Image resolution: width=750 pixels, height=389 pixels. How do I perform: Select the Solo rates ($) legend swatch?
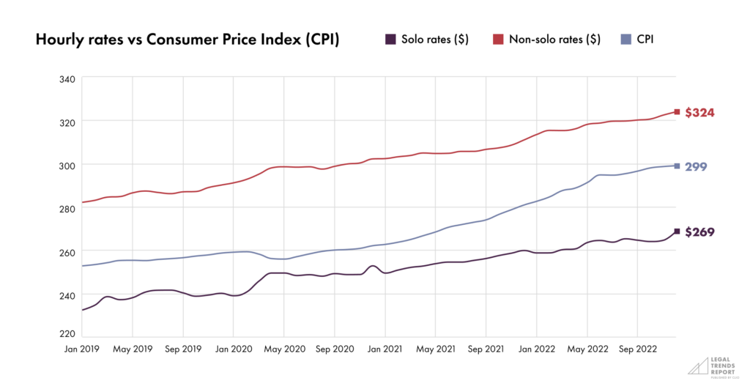(x=392, y=40)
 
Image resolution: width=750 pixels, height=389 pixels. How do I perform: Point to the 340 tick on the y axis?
(x=68, y=78)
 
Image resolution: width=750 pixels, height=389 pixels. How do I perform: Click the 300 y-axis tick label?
(x=68, y=165)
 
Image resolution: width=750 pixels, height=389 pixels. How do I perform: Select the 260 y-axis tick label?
(x=68, y=252)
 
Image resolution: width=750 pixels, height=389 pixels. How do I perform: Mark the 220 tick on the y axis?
(x=68, y=333)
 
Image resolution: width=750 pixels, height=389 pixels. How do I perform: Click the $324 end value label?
(x=699, y=113)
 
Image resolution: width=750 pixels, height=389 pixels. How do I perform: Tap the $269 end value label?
(x=699, y=232)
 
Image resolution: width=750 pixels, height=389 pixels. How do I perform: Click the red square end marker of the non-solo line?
(x=677, y=112)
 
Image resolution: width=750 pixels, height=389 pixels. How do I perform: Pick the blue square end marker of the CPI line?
(x=677, y=166)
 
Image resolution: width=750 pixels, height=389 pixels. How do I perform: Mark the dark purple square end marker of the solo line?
(x=677, y=231)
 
